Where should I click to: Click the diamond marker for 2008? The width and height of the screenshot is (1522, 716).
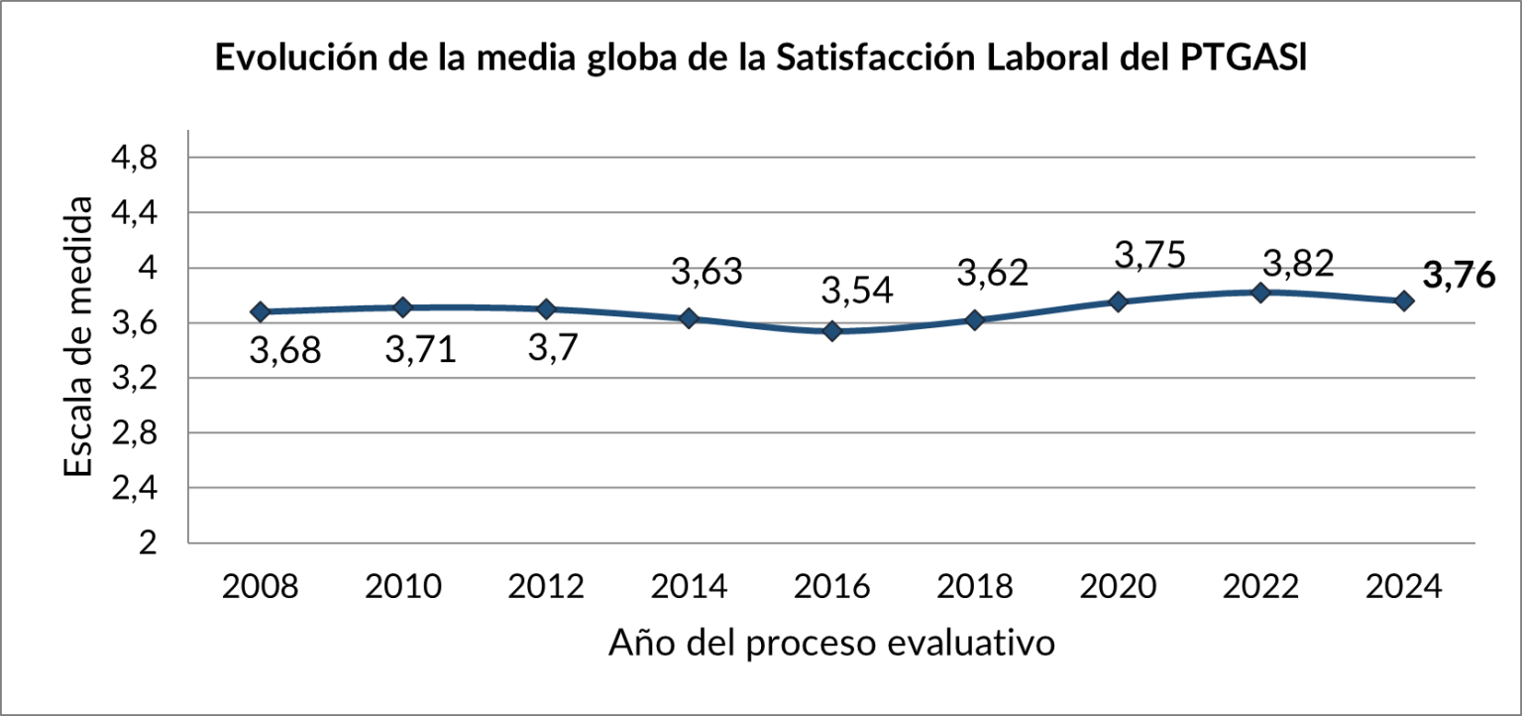point(261,311)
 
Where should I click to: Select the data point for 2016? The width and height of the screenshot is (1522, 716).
point(832,330)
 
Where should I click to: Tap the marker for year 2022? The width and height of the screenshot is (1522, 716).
point(1261,293)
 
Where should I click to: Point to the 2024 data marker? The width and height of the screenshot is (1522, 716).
point(1404,300)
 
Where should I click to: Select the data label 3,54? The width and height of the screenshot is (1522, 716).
point(858,291)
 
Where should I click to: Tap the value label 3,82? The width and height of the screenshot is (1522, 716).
point(1298,263)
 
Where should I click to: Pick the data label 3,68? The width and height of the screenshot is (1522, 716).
point(284,350)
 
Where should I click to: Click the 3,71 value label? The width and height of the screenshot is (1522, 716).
point(420,350)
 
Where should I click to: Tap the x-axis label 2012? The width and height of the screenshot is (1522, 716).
point(546,587)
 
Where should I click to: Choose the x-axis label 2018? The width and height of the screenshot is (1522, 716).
point(975,587)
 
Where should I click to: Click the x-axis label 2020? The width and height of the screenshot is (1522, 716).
point(1118,587)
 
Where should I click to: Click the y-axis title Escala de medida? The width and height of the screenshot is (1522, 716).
point(80,337)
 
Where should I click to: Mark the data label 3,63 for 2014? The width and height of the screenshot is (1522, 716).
point(707,270)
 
